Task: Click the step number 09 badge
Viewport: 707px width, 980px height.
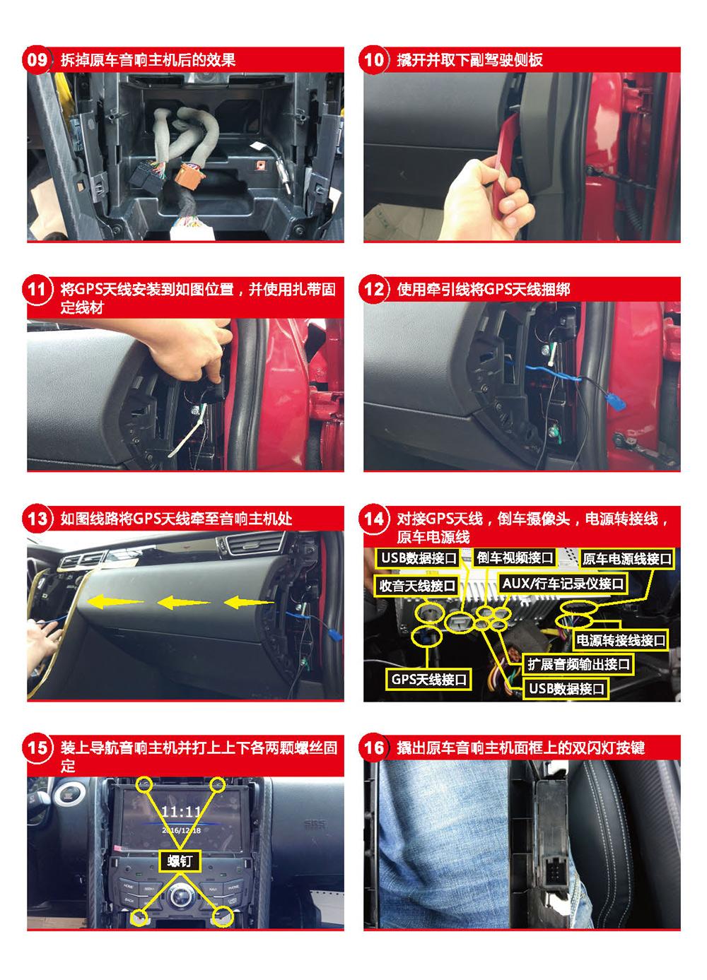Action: coord(37,60)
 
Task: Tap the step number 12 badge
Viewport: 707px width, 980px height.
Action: coord(373,289)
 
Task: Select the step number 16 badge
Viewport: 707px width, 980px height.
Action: coord(373,748)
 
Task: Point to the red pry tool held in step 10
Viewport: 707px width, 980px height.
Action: coord(508,149)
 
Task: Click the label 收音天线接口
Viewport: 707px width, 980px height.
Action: coord(416,585)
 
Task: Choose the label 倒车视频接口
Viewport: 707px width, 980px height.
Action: coord(515,557)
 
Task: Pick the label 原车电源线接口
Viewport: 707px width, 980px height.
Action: coord(626,559)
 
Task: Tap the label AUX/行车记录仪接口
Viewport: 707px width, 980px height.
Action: coord(563,584)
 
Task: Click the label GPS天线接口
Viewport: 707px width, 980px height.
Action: coord(428,680)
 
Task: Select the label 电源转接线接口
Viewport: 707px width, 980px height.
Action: coord(620,641)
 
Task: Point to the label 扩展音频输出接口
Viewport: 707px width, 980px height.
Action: coord(578,664)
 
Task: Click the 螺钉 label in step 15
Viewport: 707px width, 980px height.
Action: coord(180,861)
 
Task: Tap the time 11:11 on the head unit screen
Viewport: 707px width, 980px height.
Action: coord(181,812)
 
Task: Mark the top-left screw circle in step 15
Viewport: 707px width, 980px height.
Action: coord(144,784)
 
